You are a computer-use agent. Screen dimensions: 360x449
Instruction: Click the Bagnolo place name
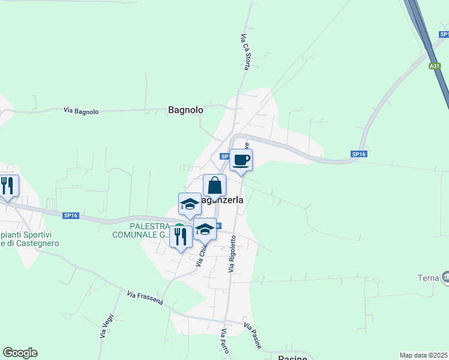185,110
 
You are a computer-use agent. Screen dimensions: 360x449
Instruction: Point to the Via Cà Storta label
245,52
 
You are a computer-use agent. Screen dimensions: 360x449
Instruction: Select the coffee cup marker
241,160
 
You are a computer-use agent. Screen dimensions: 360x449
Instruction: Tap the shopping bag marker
214,185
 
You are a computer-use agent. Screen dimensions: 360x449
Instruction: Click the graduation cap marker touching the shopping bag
190,204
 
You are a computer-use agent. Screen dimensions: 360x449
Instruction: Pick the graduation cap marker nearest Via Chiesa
205,229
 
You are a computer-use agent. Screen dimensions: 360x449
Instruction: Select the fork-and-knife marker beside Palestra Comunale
181,236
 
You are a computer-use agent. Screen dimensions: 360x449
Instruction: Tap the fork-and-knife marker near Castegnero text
7,186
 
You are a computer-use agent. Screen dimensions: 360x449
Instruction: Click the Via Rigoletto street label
232,254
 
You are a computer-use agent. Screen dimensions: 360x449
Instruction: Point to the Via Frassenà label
145,298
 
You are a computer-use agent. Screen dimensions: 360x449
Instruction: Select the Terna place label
427,277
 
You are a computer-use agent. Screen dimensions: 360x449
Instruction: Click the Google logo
20,353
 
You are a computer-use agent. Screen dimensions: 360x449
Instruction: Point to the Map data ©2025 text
424,355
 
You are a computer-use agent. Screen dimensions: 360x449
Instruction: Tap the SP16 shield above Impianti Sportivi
71,215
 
